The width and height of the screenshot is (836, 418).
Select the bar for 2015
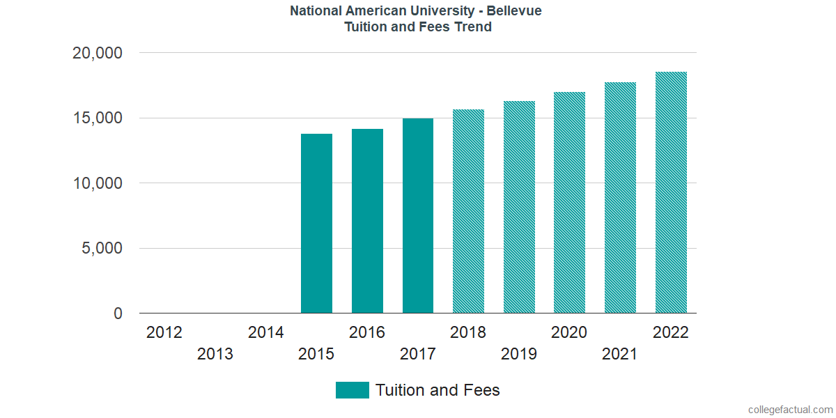click(x=316, y=224)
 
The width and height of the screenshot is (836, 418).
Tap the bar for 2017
click(x=418, y=216)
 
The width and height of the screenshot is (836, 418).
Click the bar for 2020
click(x=569, y=203)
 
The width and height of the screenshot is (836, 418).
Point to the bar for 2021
click(x=620, y=198)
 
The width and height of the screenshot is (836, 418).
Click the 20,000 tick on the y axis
click(x=98, y=53)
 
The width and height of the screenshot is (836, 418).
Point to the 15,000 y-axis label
click(x=98, y=118)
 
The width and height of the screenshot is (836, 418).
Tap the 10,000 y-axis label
click(x=98, y=183)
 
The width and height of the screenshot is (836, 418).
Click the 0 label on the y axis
click(x=118, y=314)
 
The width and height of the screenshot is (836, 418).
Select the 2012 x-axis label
click(x=164, y=332)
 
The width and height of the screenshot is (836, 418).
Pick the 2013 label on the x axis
click(x=215, y=355)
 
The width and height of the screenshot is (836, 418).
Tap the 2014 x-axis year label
click(x=265, y=332)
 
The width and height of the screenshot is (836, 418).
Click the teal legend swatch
click(x=352, y=390)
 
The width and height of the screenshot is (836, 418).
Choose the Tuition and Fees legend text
click(x=438, y=390)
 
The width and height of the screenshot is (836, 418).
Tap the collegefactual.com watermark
click(x=789, y=409)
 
